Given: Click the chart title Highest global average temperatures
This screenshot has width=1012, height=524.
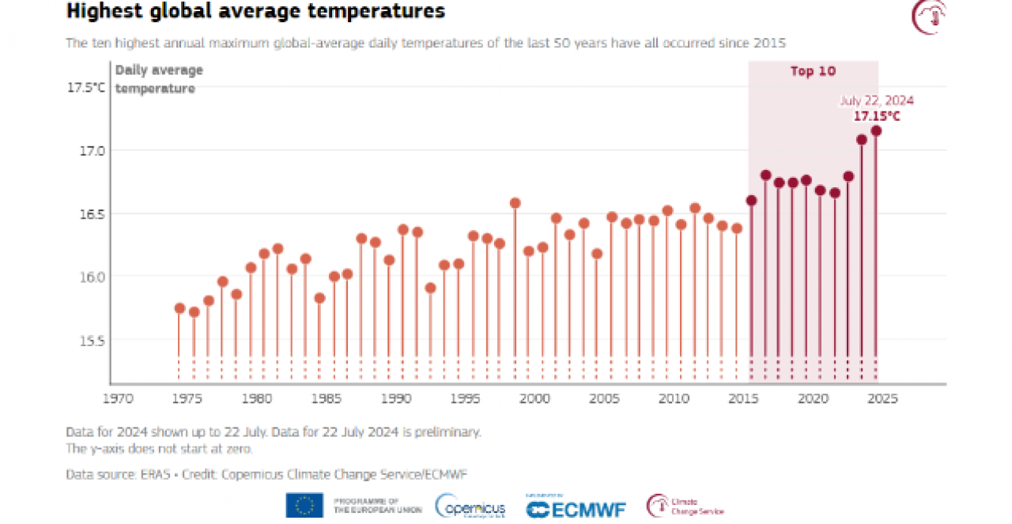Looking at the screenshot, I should [255, 12].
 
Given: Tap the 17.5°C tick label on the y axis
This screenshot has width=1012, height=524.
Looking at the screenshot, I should [85, 88].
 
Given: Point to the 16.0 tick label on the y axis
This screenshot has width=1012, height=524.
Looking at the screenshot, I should [90, 277].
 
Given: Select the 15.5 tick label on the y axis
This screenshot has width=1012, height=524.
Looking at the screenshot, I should [90, 341].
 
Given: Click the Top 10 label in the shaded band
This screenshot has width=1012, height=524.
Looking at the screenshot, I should [813, 72].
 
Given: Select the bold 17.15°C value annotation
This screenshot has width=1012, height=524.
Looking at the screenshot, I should [877, 116].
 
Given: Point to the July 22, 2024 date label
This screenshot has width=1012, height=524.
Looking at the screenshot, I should [876, 101].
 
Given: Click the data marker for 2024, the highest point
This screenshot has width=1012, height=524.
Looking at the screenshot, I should [876, 131].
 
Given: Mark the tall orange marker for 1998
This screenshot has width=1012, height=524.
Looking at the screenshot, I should [515, 203].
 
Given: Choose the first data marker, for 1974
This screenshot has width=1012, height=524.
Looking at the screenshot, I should [179, 308].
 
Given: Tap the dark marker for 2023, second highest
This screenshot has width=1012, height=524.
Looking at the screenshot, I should [862, 140].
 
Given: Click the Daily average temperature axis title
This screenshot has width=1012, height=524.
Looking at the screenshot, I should [159, 79].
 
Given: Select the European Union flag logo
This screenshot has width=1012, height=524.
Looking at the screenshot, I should [304, 505].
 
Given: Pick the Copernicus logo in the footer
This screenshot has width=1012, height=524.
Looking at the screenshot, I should [470, 507].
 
